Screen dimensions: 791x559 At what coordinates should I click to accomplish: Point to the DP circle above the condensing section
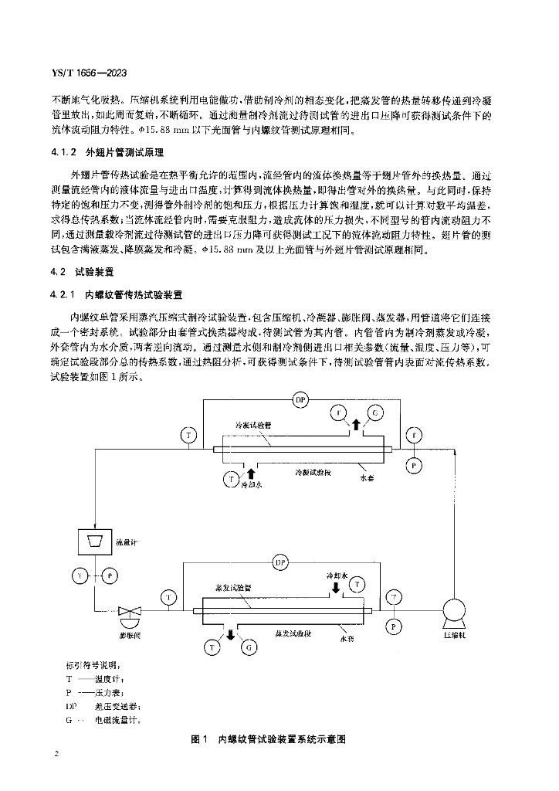point(300,399)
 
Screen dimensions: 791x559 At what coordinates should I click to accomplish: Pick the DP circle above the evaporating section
point(280,564)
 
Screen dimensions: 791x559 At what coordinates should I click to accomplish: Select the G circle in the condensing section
point(375,413)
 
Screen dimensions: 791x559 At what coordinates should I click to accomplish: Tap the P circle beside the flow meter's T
point(110,575)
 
